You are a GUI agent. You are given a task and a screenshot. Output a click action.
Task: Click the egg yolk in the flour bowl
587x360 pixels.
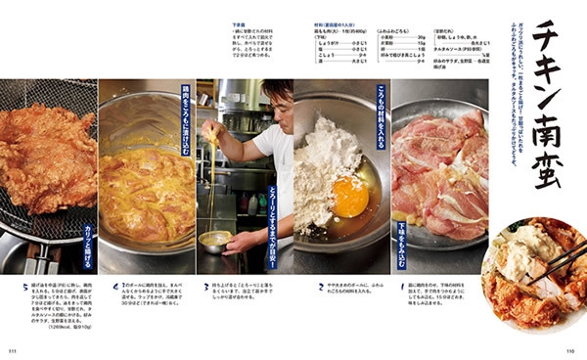[349, 197]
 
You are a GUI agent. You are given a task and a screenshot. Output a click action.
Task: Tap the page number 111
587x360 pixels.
[14, 350]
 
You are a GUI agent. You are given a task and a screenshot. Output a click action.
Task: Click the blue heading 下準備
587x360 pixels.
[238, 26]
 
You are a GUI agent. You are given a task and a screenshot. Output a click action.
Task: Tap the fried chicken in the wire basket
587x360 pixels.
[44, 157]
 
